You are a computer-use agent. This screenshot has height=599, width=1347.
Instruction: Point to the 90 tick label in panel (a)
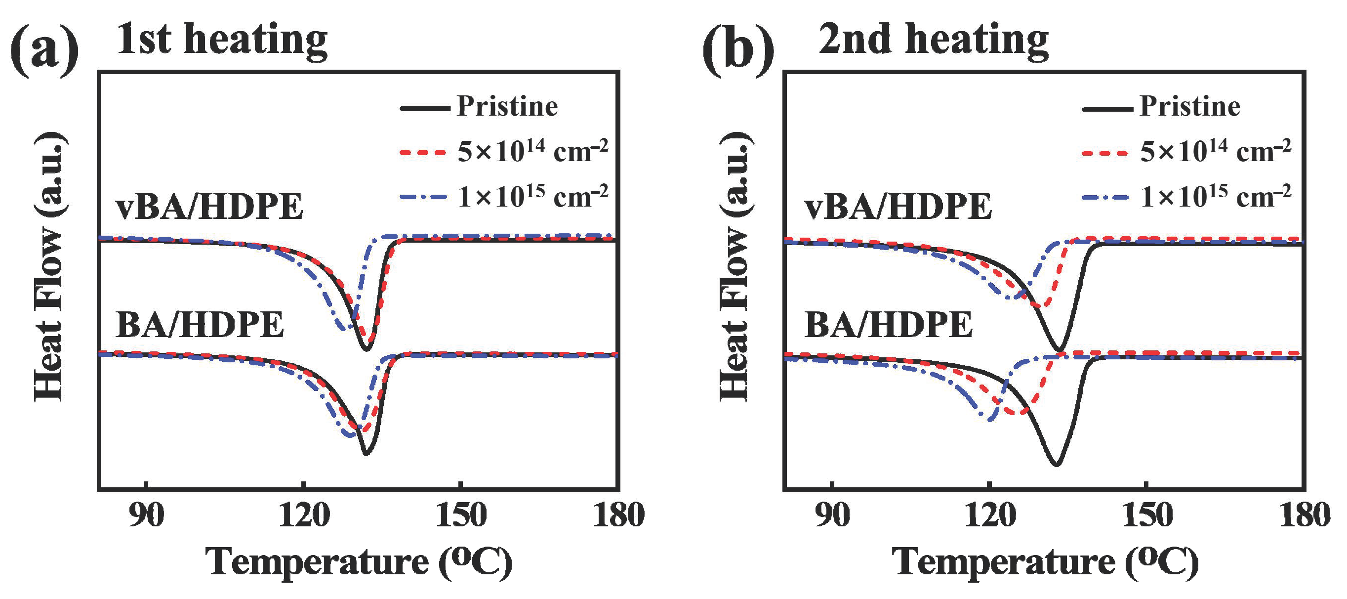[x=146, y=515]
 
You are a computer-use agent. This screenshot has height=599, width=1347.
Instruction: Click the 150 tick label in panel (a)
[x=461, y=515]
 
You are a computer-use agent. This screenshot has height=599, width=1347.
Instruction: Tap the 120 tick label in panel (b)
[x=989, y=515]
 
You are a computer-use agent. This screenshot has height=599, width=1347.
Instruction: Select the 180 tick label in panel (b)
[x=1304, y=515]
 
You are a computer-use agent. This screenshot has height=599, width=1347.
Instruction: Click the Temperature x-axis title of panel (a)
[x=359, y=563]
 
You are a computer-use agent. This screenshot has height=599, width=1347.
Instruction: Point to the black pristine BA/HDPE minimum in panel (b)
[x=1056, y=465]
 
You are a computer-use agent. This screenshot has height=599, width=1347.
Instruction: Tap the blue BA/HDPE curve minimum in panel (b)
[x=989, y=420]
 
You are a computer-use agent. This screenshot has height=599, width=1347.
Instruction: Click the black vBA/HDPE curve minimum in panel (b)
[x=1059, y=350]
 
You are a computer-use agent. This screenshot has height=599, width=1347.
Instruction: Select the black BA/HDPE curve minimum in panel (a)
[x=366, y=454]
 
